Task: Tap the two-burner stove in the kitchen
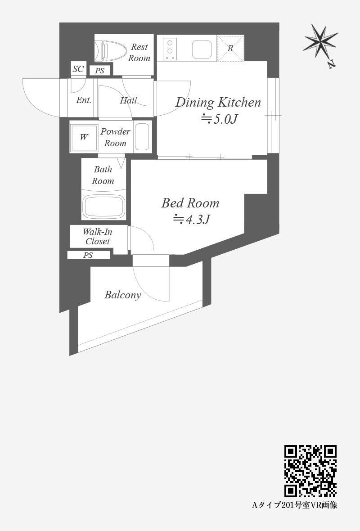170,49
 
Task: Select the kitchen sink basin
202,49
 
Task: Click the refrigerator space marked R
230,49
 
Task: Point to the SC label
78,69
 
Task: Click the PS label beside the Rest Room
99,71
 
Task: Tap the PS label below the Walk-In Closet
88,255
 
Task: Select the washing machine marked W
84,137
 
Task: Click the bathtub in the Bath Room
103,207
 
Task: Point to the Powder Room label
115,137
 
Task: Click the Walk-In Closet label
98,236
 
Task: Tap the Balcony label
122,295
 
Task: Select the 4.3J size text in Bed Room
192,219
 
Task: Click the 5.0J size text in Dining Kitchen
219,119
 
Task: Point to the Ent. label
84,100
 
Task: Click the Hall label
128,100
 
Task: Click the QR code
310,471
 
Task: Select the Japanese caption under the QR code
295,505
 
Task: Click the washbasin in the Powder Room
142,137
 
